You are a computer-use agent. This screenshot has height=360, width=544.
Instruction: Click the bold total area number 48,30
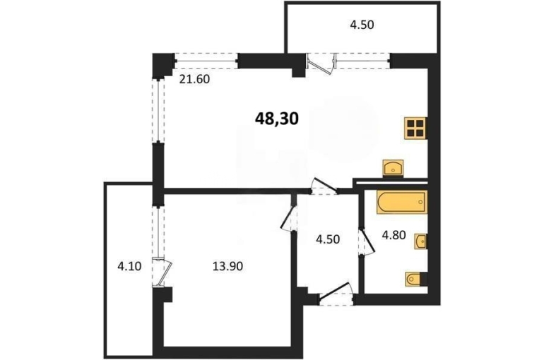click(x=277, y=119)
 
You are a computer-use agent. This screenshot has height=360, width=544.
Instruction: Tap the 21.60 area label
click(x=194, y=79)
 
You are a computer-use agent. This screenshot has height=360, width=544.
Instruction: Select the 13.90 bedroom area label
click(x=227, y=266)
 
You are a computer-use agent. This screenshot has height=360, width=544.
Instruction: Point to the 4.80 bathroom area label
click(x=394, y=235)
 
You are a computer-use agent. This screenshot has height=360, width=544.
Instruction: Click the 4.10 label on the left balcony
click(x=129, y=266)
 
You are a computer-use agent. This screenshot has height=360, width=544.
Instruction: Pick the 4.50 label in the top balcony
click(x=362, y=25)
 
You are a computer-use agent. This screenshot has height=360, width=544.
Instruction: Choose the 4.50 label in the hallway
click(x=328, y=239)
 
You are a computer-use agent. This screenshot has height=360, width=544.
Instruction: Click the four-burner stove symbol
click(x=415, y=128)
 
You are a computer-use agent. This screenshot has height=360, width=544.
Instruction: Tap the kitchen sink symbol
click(x=393, y=169)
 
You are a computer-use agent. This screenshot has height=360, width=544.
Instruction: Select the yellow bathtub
click(x=402, y=202)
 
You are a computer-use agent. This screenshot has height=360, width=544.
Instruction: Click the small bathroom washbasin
click(x=421, y=241)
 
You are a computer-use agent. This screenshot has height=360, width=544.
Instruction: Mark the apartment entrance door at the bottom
click(x=336, y=294)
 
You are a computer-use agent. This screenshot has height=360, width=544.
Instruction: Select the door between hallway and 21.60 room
click(x=324, y=186)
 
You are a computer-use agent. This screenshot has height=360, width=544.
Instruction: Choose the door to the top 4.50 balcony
click(x=321, y=64)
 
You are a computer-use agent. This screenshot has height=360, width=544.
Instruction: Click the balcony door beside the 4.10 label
click(x=162, y=272)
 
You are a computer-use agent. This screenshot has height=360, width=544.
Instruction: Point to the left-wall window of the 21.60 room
click(x=158, y=111)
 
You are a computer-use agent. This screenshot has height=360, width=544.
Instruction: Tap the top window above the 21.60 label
click(x=206, y=61)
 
